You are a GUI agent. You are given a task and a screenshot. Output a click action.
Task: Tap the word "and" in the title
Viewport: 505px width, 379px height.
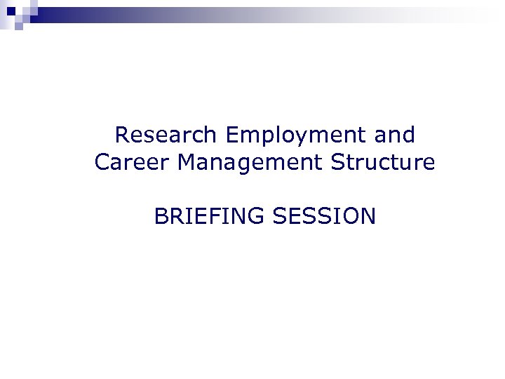tap(395, 133)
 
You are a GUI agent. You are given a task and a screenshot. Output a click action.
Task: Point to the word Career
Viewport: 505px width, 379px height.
tap(133, 163)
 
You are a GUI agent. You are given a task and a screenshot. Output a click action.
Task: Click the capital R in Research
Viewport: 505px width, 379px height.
tap(122, 133)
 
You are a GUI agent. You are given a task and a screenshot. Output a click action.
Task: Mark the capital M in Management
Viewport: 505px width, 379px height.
tap(187, 163)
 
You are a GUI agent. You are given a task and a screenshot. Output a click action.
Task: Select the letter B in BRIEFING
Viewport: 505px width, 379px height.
tap(161, 216)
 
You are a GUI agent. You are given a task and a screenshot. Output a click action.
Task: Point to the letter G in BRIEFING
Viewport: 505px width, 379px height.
tap(255, 216)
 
